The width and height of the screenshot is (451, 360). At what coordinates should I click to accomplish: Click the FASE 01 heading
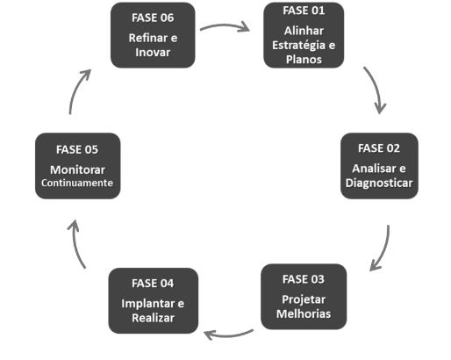click(x=304, y=11)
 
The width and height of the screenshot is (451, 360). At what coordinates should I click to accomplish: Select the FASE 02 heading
click(x=379, y=147)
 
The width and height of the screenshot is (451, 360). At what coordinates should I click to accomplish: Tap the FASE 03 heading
click(x=304, y=279)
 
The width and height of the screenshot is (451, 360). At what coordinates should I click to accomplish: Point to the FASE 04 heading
click(x=153, y=283)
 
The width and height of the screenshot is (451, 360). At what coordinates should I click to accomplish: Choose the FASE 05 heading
click(x=77, y=148)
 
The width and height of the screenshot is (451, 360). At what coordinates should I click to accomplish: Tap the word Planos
click(x=304, y=61)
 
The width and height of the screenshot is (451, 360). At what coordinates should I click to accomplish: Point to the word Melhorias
click(x=304, y=313)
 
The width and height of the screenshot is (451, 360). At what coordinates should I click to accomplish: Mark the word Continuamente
click(x=77, y=184)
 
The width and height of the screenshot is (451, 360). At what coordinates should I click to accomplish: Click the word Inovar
click(x=153, y=52)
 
